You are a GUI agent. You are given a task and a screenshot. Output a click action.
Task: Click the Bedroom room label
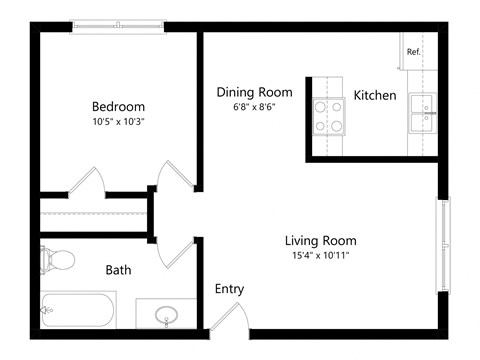point(118,107)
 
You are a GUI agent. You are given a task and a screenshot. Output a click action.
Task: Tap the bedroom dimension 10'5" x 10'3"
point(118,123)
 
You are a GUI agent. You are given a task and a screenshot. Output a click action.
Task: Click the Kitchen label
point(375,96)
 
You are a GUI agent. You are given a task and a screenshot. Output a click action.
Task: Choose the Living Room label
point(320,241)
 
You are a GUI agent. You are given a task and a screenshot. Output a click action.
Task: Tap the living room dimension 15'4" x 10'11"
point(320,257)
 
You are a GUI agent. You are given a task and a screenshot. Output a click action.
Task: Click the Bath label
point(118,270)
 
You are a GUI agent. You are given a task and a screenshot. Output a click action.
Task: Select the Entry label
point(229,289)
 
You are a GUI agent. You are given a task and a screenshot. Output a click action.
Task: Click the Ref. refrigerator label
point(412,51)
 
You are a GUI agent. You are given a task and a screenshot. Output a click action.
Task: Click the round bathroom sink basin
point(166,317)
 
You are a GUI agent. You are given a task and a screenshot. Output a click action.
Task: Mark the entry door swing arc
point(228,315)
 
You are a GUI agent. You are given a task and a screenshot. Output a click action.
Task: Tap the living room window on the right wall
point(442,245)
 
